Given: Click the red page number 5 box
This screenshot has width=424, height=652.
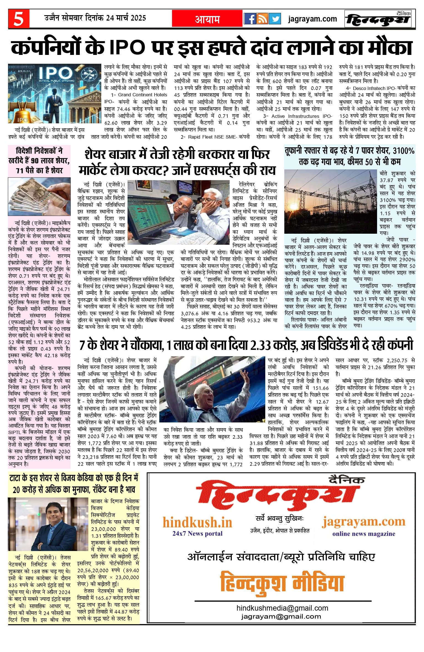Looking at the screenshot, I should [x=18, y=19].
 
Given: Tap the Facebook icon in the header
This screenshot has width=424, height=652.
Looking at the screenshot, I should [x=250, y=19].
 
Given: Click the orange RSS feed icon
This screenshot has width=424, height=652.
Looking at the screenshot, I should [x=262, y=19].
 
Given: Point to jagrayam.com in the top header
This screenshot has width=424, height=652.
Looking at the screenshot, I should [x=312, y=19].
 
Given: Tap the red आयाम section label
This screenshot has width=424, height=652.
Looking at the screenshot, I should [x=207, y=19].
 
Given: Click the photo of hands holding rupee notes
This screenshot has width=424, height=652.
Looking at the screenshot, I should [x=39, y=196].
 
